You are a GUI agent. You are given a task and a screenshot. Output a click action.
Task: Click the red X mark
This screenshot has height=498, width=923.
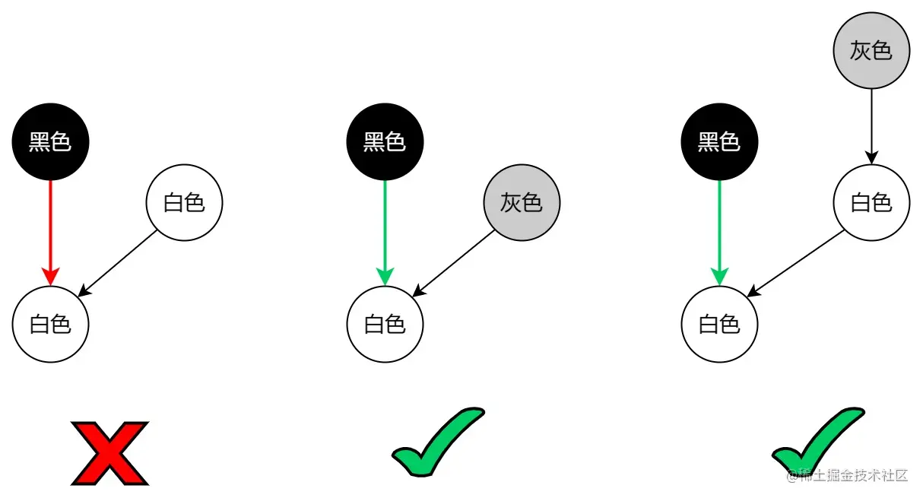110,453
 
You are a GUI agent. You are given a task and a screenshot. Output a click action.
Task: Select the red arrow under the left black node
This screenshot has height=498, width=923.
51,228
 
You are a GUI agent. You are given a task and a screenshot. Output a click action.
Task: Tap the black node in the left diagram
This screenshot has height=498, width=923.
51,141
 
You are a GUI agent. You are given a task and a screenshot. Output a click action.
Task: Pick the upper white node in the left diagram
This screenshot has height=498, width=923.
184,202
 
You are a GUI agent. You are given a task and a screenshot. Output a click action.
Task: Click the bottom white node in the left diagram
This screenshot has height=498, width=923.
51,325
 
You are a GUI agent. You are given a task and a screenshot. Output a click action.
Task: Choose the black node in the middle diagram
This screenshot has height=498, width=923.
385,141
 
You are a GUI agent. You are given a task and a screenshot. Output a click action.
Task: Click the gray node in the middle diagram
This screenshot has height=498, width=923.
522,202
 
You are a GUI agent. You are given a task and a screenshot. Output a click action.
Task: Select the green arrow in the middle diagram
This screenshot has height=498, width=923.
385,228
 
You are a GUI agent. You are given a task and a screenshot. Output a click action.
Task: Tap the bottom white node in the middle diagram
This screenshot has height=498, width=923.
385,325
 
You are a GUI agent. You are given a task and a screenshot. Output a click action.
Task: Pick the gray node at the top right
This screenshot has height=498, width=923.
871,50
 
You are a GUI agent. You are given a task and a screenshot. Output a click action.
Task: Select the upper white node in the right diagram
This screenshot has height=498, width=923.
871,202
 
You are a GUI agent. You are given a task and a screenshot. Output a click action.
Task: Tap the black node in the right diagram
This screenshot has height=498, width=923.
719,141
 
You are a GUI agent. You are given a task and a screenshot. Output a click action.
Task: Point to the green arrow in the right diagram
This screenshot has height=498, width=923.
719,228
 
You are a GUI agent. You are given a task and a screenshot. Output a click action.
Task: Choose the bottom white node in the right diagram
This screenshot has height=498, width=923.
719,325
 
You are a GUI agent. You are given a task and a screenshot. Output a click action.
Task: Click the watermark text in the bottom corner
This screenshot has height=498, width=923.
848,476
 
